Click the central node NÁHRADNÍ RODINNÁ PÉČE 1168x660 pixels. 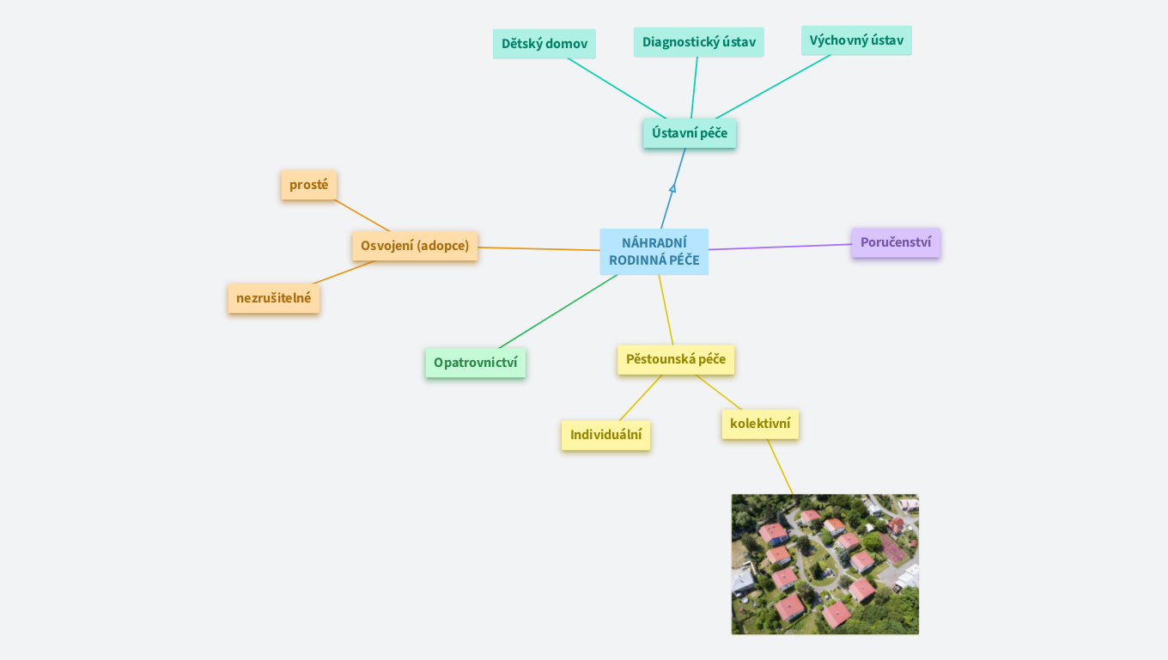point(654,252)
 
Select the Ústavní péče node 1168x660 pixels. point(690,133)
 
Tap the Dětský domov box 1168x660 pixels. point(544,44)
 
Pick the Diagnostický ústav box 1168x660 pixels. point(698,42)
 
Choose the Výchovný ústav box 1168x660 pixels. point(856,40)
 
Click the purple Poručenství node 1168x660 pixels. point(895,242)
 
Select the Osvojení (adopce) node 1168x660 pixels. point(415,246)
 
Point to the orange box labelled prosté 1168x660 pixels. point(308,185)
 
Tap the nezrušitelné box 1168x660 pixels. point(273,298)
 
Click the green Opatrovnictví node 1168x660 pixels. point(475,363)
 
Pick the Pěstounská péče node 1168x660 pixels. point(676,359)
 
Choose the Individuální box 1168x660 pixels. point(605,435)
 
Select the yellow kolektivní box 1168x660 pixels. point(760,424)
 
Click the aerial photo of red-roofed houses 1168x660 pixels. point(824,564)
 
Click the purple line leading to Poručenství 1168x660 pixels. point(780,247)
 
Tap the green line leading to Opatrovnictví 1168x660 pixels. point(558,310)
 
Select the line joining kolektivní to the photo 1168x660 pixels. point(780,467)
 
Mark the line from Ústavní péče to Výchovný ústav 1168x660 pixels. point(773,87)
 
